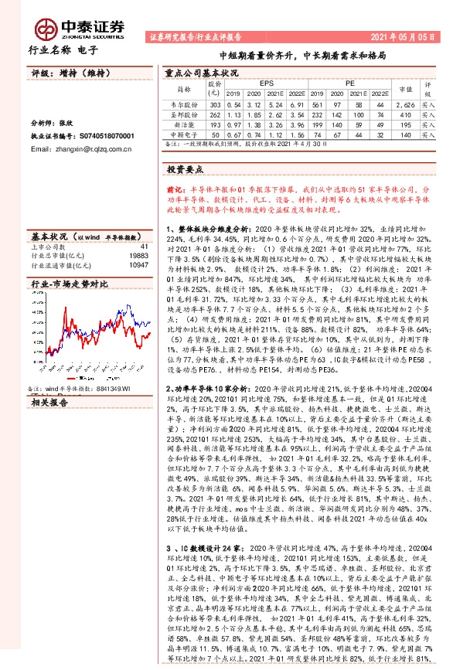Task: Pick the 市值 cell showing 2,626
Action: click(x=405, y=104)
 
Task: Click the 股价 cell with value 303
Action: click(x=216, y=104)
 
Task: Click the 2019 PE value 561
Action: click(x=317, y=104)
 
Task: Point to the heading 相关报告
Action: click(x=50, y=401)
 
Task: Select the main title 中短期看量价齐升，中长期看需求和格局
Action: click(x=302, y=56)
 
